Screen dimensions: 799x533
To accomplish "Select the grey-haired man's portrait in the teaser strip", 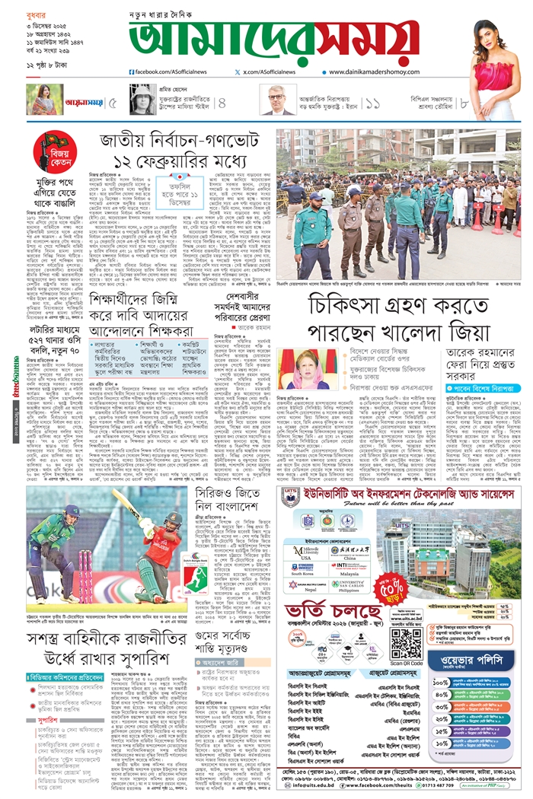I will [279, 100].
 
